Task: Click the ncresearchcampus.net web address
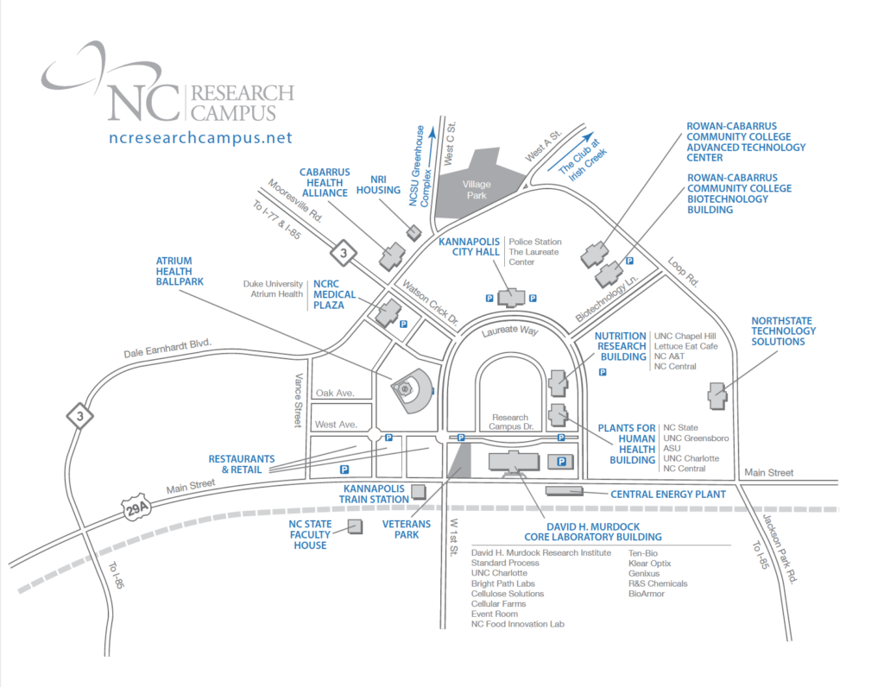[x=201, y=137]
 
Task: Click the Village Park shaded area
[x=476, y=190]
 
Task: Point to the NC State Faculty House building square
[x=354, y=526]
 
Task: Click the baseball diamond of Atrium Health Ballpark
[x=406, y=388]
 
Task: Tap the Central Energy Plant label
[x=667, y=495]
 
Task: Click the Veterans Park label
[x=401, y=528]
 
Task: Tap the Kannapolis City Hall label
[x=470, y=247]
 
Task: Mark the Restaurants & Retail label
[x=241, y=463]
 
